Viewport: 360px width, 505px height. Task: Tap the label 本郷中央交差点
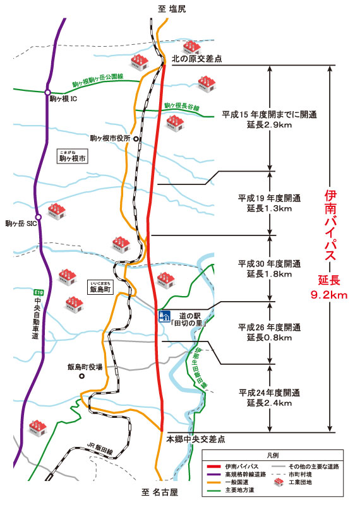point(196,437)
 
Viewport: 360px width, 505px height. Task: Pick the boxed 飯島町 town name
point(100,291)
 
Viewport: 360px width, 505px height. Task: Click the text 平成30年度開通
point(269,263)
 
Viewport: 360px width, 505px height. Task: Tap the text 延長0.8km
point(265,338)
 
